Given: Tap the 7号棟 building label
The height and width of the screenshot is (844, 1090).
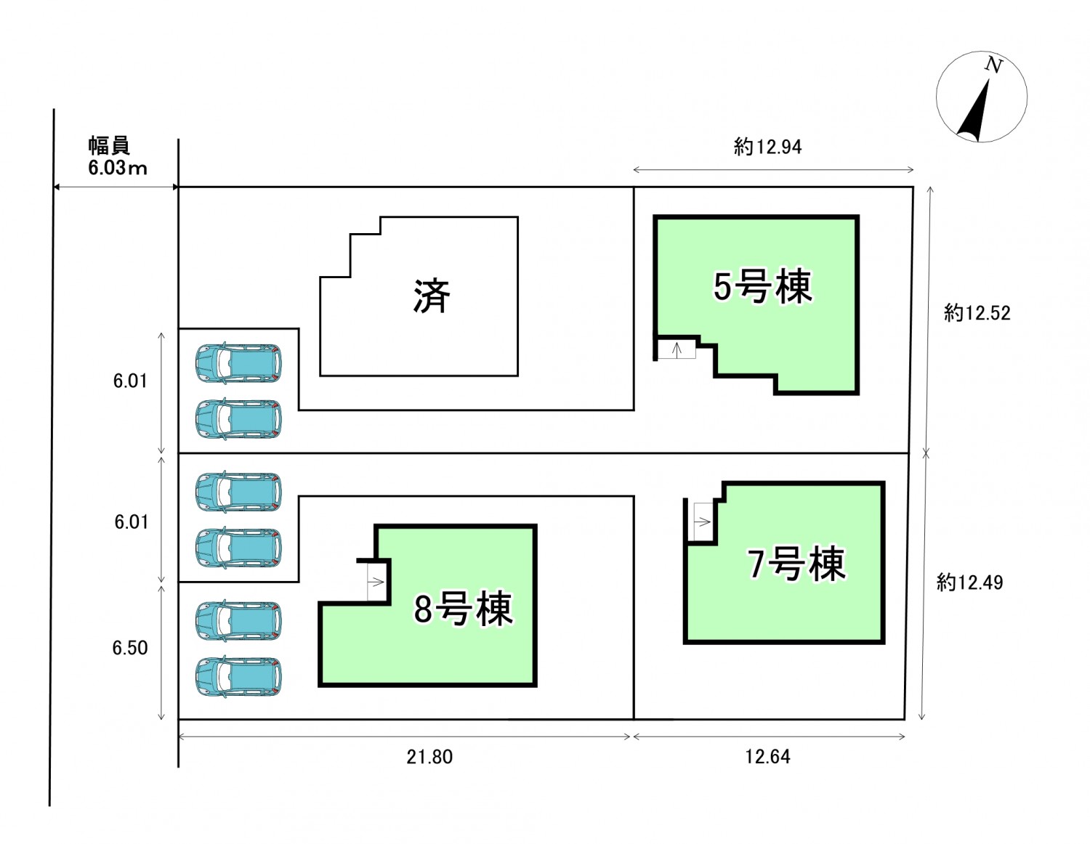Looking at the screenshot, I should point(797,564).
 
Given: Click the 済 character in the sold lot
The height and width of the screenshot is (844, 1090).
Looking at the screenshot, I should point(432,296).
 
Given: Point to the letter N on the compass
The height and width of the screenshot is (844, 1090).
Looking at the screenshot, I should point(993,65).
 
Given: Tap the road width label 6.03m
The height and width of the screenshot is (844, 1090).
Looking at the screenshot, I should point(118,169).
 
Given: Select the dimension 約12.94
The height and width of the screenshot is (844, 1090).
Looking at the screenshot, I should point(767,147).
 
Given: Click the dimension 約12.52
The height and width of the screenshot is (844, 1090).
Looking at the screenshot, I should point(977,313).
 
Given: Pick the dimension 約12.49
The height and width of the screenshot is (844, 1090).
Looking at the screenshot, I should point(969,583).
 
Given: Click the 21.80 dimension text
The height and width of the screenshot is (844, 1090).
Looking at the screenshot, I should point(429,757).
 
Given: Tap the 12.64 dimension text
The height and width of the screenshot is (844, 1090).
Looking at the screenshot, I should point(767,757).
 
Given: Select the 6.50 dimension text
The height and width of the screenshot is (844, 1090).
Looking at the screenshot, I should point(130,648).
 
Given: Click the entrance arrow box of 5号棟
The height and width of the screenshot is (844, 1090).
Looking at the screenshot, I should point(677,350).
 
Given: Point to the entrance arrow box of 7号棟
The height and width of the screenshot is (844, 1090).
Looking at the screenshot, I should point(702,522).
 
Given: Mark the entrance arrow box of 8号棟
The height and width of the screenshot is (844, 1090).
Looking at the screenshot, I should point(376,582).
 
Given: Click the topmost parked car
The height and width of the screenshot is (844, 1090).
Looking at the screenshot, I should point(238,362).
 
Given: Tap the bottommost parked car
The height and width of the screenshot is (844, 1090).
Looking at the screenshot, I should point(238,676).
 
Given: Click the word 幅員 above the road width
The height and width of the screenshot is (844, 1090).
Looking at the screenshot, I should point(109,145).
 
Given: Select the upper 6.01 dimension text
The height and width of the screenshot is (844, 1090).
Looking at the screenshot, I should point(130,381).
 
